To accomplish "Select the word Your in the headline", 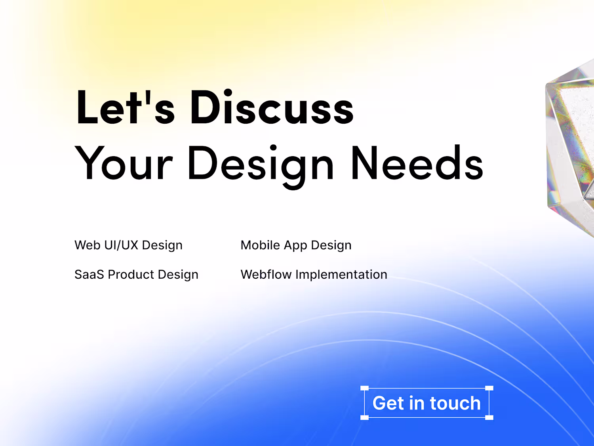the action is (x=124, y=163).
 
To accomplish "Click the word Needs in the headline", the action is (x=417, y=163).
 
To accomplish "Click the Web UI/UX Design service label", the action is (x=129, y=245).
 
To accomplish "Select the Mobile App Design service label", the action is (x=296, y=245).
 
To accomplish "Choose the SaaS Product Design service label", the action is (x=136, y=275).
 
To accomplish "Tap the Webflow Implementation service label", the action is (x=314, y=275).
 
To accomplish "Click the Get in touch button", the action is (x=427, y=403).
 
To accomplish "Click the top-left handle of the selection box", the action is (x=365, y=389).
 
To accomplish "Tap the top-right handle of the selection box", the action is (x=489, y=389).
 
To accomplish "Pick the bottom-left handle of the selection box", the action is (x=365, y=417).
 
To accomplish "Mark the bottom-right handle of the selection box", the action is (x=489, y=417).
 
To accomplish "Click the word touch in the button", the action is (x=455, y=403).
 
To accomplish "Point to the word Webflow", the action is (x=266, y=274).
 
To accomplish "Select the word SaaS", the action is (x=89, y=275).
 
